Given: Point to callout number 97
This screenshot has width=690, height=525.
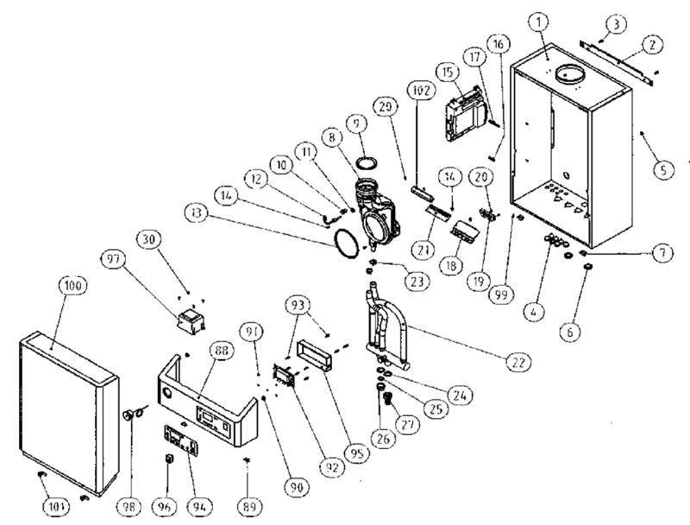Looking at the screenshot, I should click(113, 258).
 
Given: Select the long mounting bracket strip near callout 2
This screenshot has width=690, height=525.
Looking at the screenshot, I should click(614, 60).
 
